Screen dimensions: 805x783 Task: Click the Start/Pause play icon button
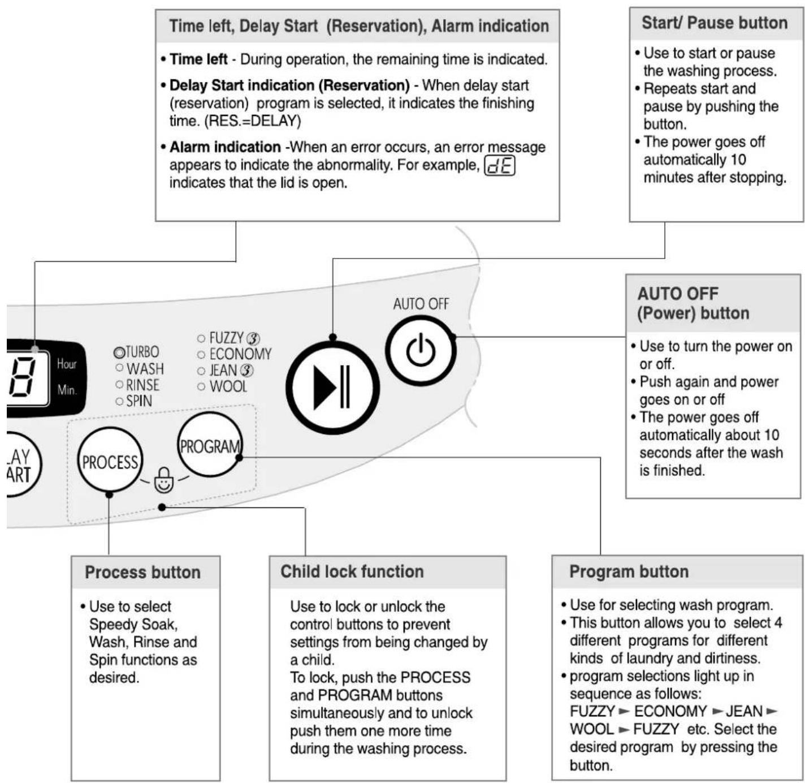click(332, 387)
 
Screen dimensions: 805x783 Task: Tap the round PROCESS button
click(110, 459)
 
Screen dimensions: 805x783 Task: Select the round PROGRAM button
click(210, 445)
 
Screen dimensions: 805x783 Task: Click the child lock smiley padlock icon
click(164, 480)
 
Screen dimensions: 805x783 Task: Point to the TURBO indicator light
click(119, 352)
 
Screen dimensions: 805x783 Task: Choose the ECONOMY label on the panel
click(240, 354)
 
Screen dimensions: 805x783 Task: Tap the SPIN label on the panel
click(139, 401)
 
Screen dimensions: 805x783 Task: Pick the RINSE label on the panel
click(142, 385)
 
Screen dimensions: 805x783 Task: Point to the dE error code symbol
click(499, 166)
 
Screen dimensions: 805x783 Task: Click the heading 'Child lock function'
click(352, 571)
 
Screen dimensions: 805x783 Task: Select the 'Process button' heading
click(142, 572)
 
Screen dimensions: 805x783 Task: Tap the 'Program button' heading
click(629, 571)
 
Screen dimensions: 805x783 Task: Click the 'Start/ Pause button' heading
click(715, 23)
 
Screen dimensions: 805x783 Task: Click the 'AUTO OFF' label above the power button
click(421, 304)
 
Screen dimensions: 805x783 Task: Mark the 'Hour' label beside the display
click(67, 364)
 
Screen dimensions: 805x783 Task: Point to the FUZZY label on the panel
click(226, 338)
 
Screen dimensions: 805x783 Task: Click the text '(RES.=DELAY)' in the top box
click(253, 121)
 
